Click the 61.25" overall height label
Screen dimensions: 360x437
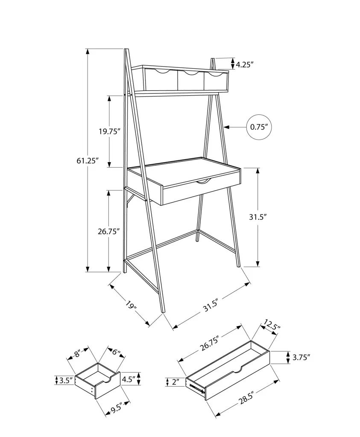click(88, 161)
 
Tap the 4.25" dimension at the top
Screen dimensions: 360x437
click(245, 65)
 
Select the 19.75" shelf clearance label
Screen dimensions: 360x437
click(110, 131)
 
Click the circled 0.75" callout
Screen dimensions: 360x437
click(259, 127)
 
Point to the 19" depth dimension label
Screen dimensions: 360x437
click(131, 305)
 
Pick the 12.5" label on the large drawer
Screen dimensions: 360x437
click(272, 326)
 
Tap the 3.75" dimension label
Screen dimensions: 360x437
click(301, 358)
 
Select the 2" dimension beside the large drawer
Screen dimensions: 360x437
click(176, 382)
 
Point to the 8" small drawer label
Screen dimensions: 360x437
click(77, 354)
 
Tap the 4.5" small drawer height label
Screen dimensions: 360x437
click(128, 379)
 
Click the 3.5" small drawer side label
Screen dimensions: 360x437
click(66, 380)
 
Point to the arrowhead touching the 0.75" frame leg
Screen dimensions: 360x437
click(226, 127)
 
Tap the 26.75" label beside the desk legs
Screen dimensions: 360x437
click(109, 231)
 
